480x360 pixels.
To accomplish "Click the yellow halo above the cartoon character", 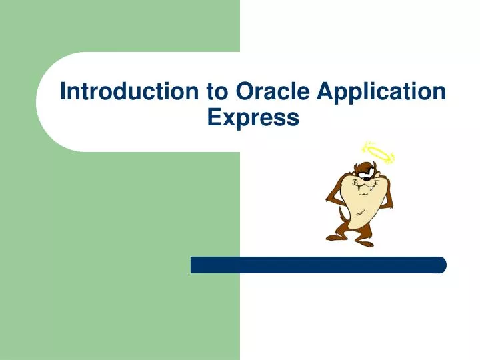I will click(377, 153).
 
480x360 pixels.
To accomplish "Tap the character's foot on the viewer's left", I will click(335, 236).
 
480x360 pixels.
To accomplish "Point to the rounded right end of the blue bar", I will click(441, 265).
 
